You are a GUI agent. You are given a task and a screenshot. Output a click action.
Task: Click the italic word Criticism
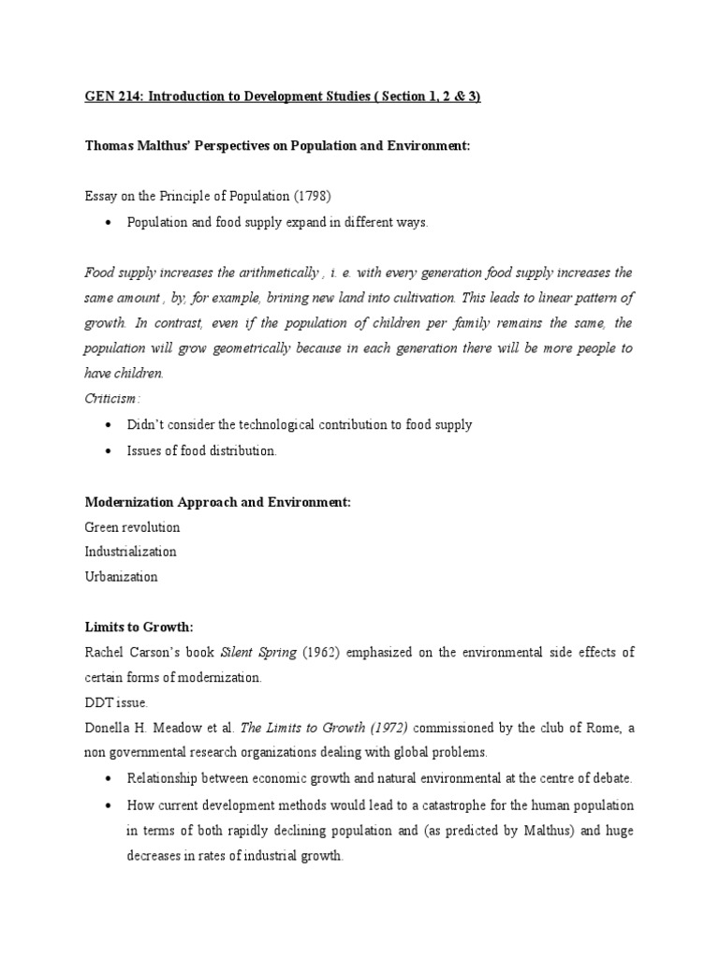coord(112,398)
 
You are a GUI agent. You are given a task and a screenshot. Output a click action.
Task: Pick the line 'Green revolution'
coord(132,527)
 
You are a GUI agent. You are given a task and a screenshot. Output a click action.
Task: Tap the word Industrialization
coord(130,552)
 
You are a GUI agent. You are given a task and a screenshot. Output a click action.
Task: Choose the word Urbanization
coord(121,577)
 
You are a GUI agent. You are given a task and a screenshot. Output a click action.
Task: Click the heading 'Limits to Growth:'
coord(138,627)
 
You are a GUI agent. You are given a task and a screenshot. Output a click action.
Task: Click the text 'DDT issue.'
coord(114,701)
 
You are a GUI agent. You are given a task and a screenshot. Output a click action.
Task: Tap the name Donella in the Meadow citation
coord(107,727)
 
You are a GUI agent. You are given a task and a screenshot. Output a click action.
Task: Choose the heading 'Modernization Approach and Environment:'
coord(217,502)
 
